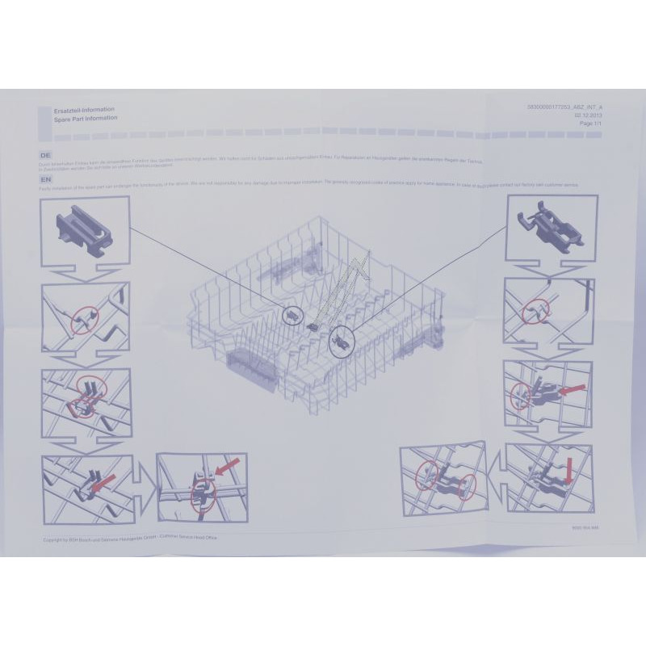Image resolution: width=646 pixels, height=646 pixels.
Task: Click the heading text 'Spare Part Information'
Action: pyautogui.click(x=86, y=118)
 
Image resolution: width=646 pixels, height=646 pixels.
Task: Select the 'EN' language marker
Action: pyautogui.click(x=47, y=178)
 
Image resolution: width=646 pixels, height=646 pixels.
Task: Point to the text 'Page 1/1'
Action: pyautogui.click(x=591, y=124)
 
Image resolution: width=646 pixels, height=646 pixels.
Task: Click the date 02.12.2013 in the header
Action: pyautogui.click(x=589, y=115)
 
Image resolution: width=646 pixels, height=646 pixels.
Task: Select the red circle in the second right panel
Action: pyautogui.click(x=534, y=313)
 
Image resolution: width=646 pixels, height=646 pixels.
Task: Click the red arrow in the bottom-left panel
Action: pyautogui.click(x=103, y=485)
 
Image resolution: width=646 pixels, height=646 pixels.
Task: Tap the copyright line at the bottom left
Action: pyautogui.click(x=129, y=538)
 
